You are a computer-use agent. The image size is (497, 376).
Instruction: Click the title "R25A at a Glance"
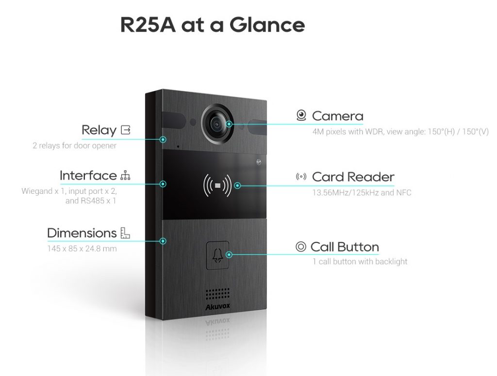point(213,25)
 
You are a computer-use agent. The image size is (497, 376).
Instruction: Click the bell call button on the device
point(217,255)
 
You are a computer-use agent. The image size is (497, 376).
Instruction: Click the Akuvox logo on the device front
point(216,307)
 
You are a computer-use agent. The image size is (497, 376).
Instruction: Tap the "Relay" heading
point(99,130)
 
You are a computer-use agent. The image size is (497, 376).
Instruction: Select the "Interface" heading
point(88,175)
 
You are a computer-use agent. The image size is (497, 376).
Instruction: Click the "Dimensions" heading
point(82,233)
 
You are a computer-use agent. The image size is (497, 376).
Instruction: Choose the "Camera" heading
point(337,116)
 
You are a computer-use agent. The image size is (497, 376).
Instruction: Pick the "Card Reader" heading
point(353,177)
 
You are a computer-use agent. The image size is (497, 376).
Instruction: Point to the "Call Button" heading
point(345,247)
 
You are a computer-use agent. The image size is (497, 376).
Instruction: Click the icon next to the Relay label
point(126,130)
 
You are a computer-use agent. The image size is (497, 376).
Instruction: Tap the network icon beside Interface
point(125,175)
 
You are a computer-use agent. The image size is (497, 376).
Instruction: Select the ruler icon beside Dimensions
point(125,233)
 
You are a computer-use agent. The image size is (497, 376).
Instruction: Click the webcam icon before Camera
point(301,116)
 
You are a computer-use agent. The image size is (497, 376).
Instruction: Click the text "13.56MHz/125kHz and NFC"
point(362,193)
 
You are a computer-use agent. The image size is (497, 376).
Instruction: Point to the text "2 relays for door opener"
point(75,145)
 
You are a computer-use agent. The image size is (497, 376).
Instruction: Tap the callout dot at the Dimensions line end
point(164,241)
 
